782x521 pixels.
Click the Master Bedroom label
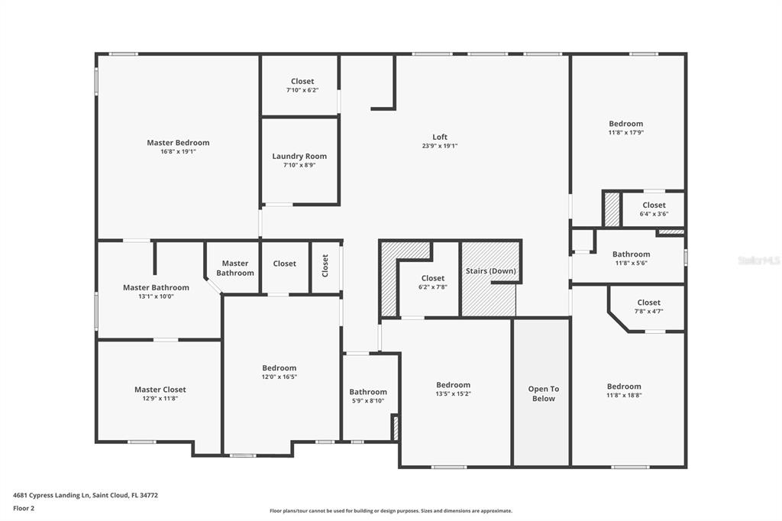[178, 143]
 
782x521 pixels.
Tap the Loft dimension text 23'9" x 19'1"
[440, 146]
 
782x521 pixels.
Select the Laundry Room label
[299, 156]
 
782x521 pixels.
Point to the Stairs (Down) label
[491, 271]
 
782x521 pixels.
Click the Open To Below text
[544, 393]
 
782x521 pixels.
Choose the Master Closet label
[160, 390]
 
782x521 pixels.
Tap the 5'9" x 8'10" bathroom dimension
[368, 401]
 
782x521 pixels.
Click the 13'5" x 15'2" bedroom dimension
[454, 393]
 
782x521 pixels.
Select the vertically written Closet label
[325, 266]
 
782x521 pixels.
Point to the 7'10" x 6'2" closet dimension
[302, 90]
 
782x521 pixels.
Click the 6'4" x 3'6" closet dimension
[654, 214]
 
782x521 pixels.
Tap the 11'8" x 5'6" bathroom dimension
[632, 263]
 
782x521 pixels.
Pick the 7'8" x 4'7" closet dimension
[649, 312]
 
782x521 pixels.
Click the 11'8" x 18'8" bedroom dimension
[624, 395]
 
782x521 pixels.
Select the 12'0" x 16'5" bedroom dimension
[280, 377]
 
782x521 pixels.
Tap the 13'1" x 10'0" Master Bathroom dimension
[156, 296]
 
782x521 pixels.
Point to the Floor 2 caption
[24, 509]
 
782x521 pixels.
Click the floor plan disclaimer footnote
[391, 511]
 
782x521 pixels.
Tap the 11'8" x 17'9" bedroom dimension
[626, 133]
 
